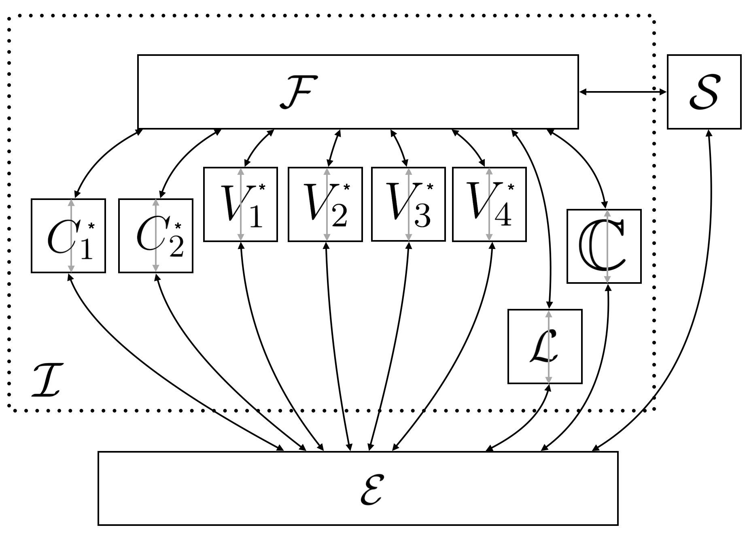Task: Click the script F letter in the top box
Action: coord(296,93)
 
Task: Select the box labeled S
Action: coord(704,92)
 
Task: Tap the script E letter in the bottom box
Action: coord(371,489)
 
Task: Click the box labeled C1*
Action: coord(68,236)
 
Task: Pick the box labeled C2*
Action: coord(156,236)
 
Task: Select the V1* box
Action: coord(240,204)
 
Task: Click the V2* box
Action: coord(325,204)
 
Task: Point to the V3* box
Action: coord(408,204)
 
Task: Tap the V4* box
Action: coord(489,204)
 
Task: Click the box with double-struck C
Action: coord(604,246)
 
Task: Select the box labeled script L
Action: coord(545,346)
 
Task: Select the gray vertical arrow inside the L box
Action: coord(549,347)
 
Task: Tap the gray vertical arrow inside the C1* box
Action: coord(71,236)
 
